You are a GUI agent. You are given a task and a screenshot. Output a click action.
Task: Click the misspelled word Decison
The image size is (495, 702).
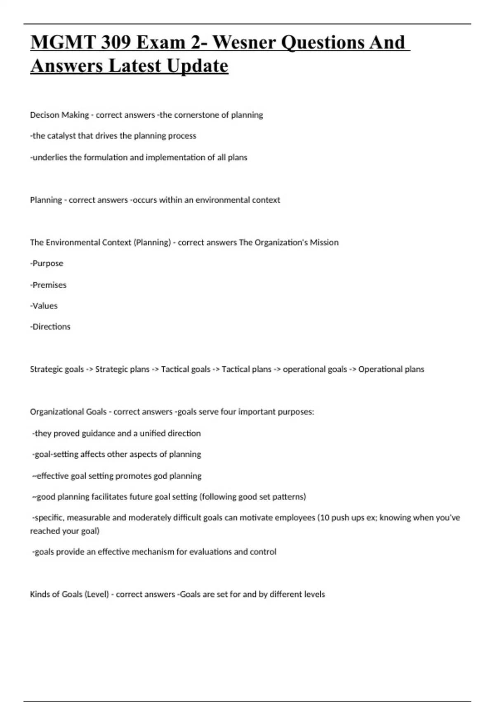tap(45, 115)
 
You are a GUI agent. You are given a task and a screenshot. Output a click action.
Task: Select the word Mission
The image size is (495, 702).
tap(324, 242)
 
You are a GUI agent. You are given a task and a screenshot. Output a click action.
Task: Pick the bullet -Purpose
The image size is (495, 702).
tap(47, 263)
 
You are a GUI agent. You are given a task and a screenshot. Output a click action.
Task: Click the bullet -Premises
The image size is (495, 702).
tap(48, 285)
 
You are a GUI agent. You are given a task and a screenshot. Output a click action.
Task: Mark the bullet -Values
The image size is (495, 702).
tap(44, 306)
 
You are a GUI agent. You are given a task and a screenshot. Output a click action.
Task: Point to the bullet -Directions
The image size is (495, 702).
tap(50, 327)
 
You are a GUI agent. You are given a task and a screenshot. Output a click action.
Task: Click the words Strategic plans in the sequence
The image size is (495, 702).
tap(122, 369)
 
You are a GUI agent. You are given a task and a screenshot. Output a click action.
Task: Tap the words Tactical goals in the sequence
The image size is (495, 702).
tap(186, 369)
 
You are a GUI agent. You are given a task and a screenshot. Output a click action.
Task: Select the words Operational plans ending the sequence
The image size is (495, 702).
tap(391, 369)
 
